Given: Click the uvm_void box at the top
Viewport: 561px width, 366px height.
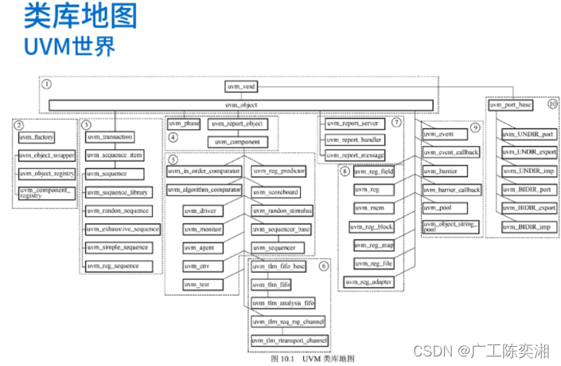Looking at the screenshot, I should click(241, 88).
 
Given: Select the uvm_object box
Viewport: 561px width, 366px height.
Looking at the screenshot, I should click(241, 104).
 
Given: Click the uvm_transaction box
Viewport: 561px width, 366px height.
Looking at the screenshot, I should click(110, 136).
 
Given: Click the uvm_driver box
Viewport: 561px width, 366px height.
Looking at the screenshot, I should click(203, 211).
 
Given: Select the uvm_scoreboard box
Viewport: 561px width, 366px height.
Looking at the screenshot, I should click(276, 192).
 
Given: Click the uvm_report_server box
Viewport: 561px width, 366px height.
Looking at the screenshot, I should click(355, 124).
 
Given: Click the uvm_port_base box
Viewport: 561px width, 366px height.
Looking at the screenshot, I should click(511, 104).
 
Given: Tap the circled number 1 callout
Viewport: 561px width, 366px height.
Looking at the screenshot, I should click(47, 83).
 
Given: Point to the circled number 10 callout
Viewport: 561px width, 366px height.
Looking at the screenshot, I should click(553, 104).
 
